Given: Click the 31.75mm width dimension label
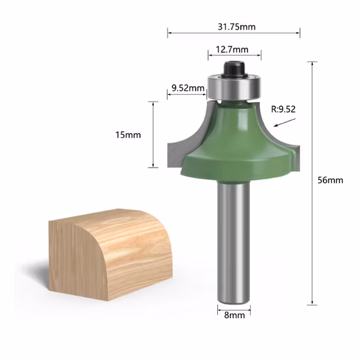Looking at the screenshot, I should click(x=234, y=26).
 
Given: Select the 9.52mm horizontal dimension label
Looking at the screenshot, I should click(x=187, y=87).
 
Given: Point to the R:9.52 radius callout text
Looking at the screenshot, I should click(x=283, y=109).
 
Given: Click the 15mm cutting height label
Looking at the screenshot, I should click(x=128, y=134).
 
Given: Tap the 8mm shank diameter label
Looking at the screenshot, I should click(x=234, y=315).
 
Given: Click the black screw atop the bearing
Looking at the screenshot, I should click(x=234, y=67).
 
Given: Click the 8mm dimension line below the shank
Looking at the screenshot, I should click(x=234, y=306).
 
